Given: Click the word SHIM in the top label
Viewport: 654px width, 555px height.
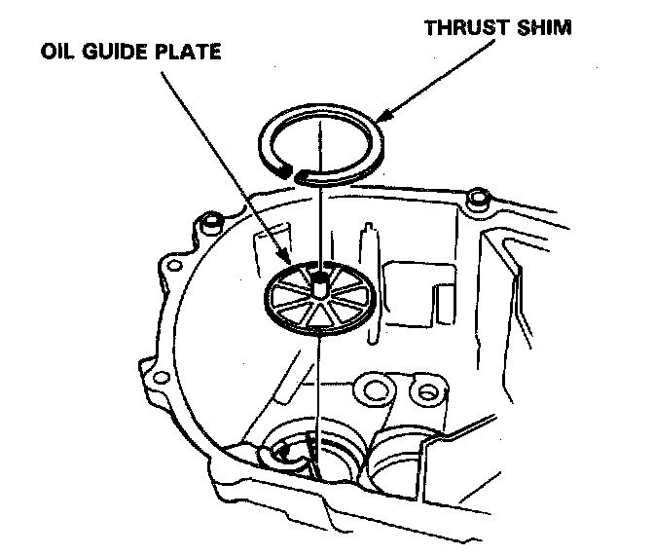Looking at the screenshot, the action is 545,27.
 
